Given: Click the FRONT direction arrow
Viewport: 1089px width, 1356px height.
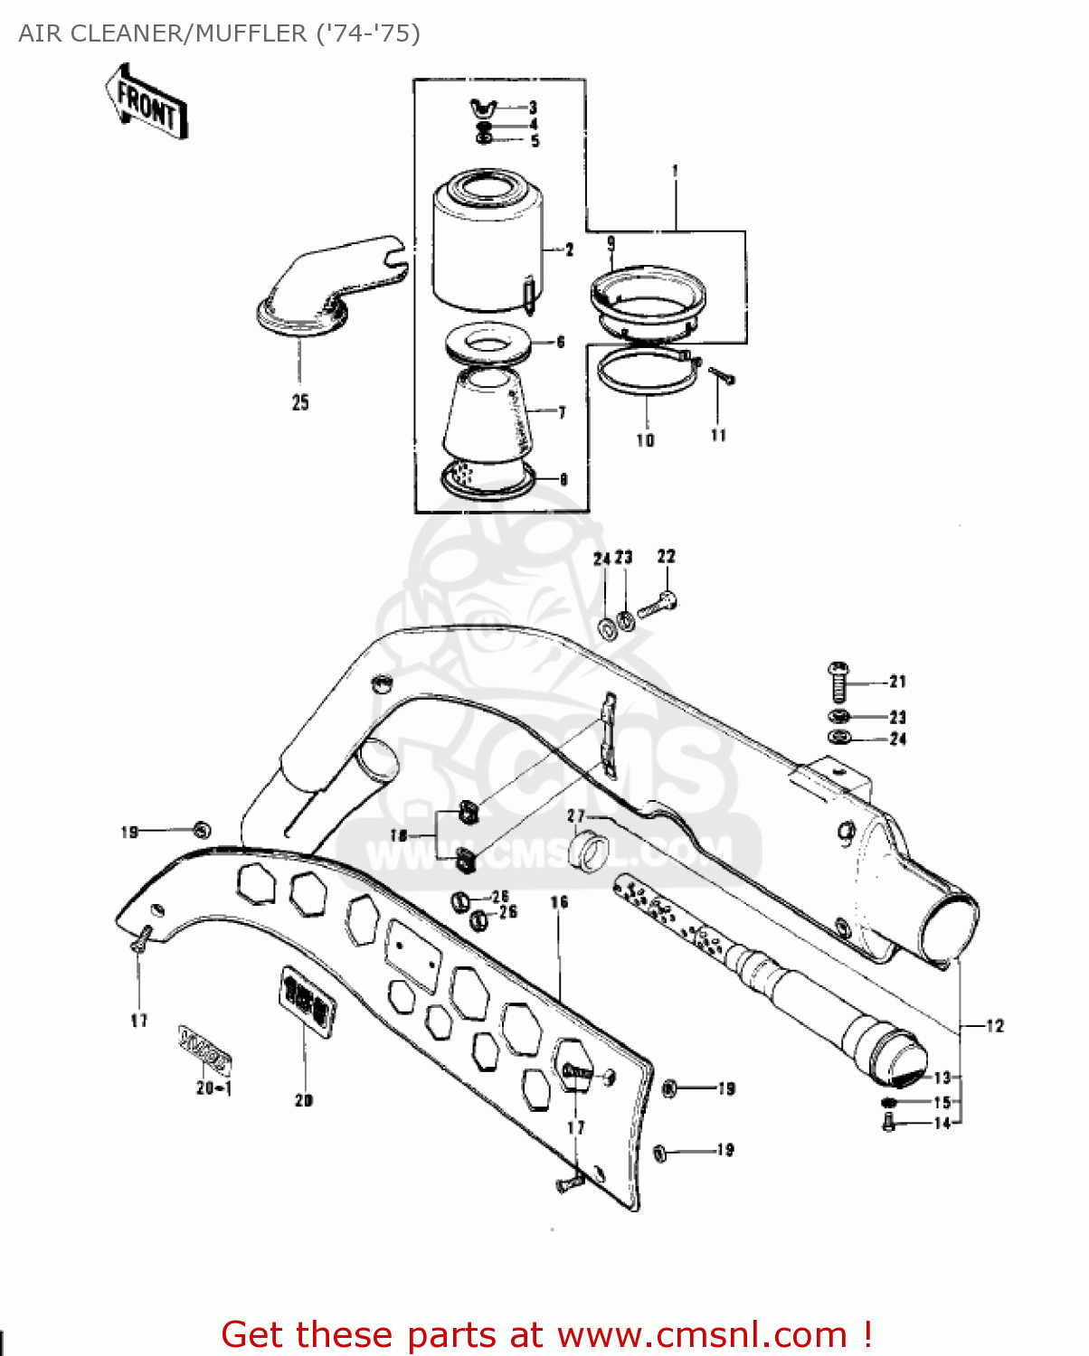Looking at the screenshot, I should pyautogui.click(x=146, y=102).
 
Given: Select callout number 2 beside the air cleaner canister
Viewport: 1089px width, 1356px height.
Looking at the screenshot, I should pyautogui.click(x=569, y=250).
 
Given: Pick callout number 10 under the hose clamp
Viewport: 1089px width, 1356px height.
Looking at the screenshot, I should pyautogui.click(x=645, y=440).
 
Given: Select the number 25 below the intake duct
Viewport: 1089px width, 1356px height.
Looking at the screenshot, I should pyautogui.click(x=300, y=402).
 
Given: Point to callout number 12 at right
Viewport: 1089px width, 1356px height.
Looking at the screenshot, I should pyautogui.click(x=995, y=1026).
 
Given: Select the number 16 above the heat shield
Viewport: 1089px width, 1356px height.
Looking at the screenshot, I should pyautogui.click(x=559, y=901).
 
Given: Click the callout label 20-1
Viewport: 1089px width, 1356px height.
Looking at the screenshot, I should pyautogui.click(x=214, y=1088).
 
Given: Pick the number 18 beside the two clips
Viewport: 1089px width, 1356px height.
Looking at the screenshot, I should pyautogui.click(x=399, y=836).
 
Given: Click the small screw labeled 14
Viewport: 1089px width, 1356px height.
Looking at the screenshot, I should pyautogui.click(x=888, y=1124).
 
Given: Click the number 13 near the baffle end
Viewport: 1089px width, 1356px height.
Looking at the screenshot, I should pyautogui.click(x=942, y=1078).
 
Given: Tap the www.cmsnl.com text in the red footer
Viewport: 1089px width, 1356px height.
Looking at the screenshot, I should pyautogui.click(x=702, y=1335).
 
